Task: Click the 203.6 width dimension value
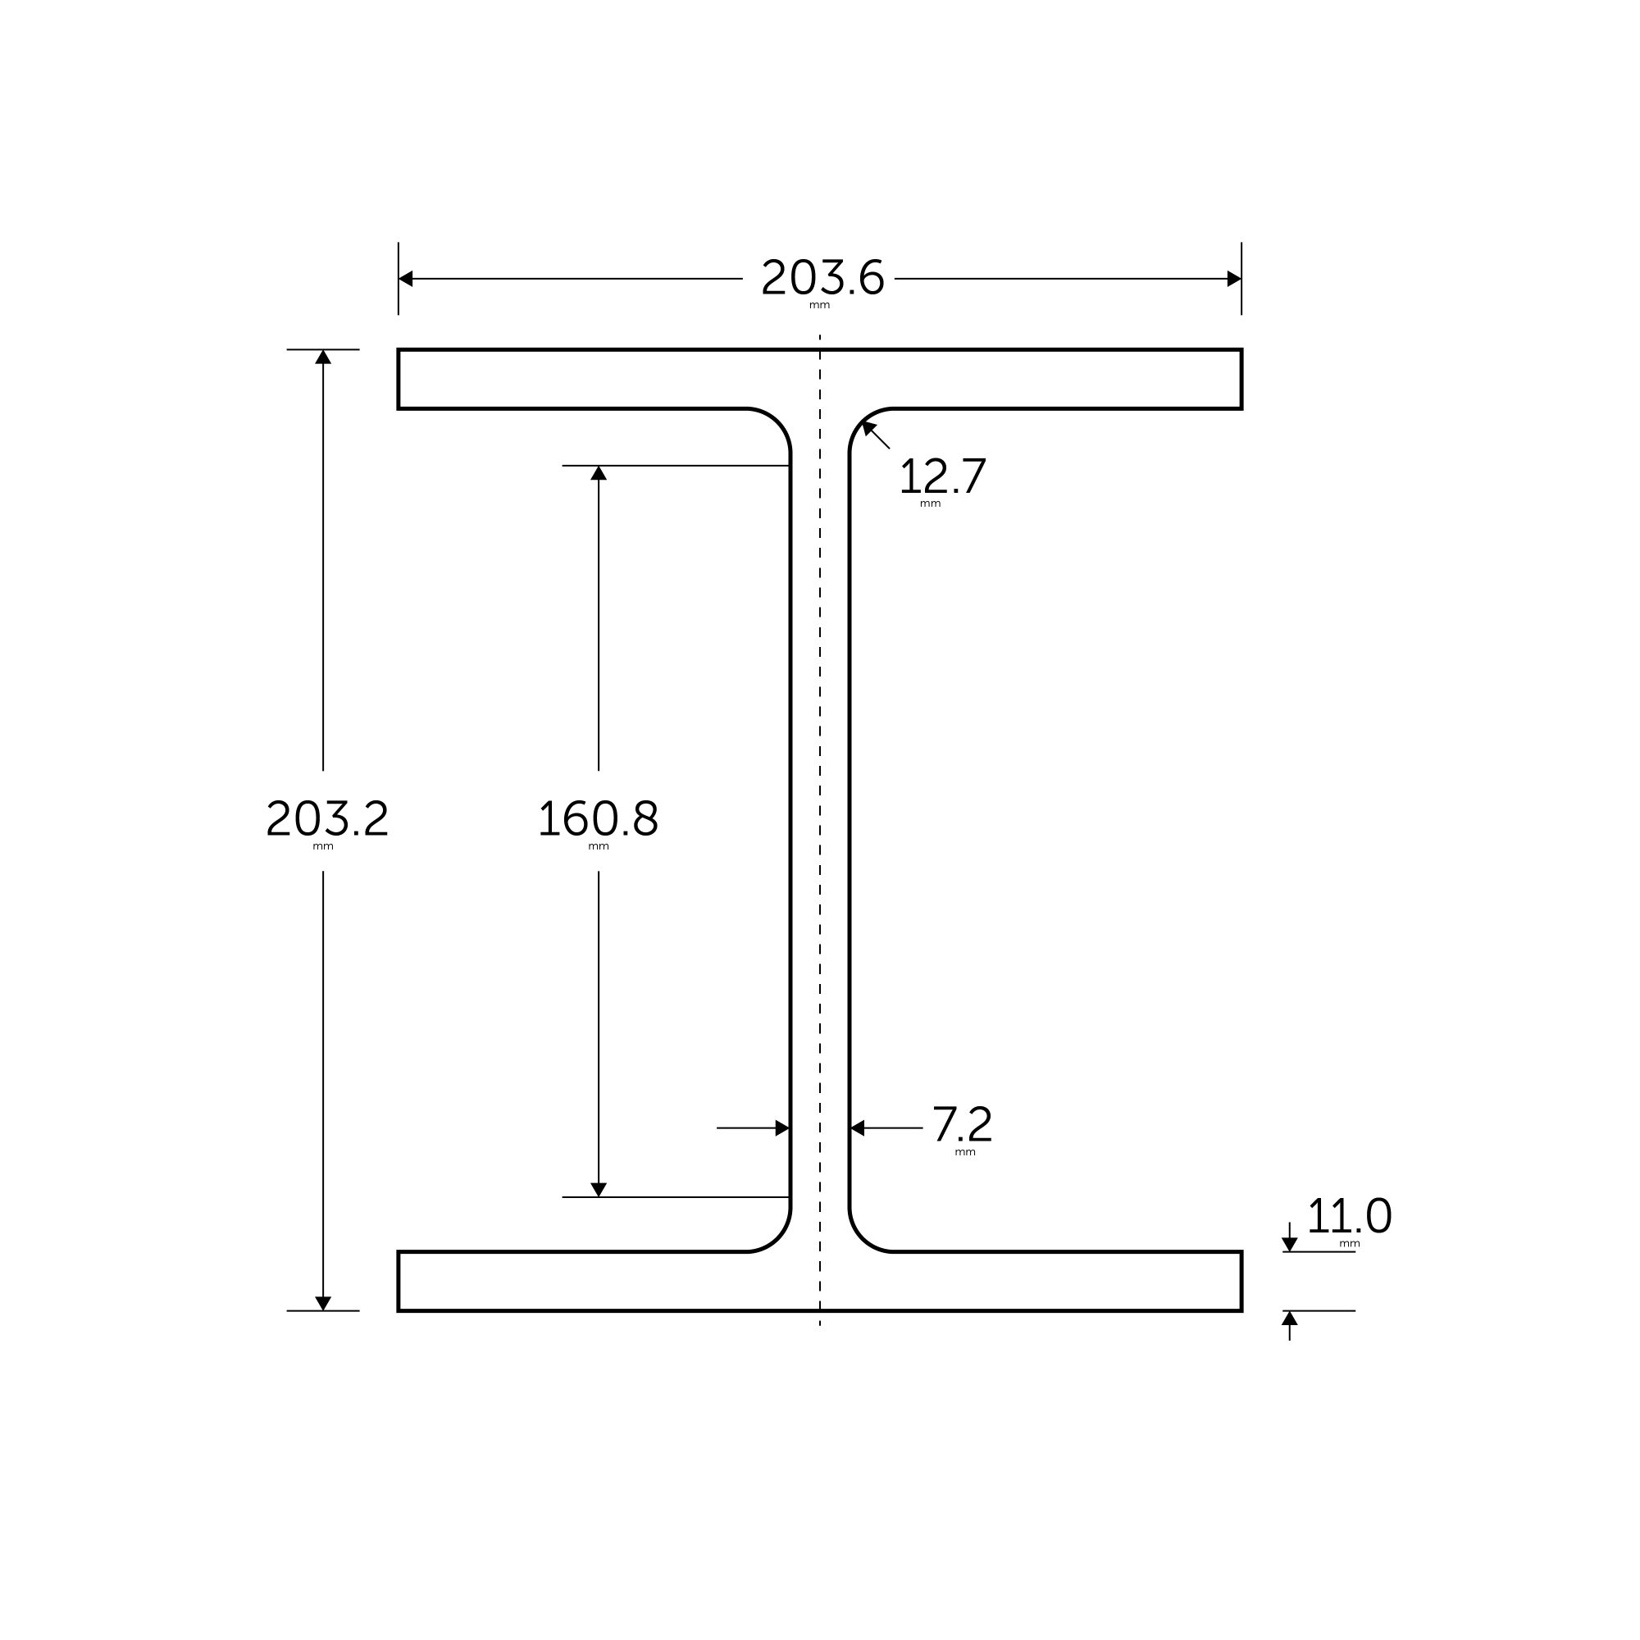[x=822, y=278]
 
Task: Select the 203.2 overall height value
[x=327, y=818]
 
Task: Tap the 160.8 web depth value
[x=598, y=818]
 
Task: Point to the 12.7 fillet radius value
[x=942, y=476]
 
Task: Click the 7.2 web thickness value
[x=962, y=1125]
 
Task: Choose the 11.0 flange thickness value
[x=1348, y=1216]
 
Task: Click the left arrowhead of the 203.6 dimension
[x=406, y=279]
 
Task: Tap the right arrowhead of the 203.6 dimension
[x=1233, y=279]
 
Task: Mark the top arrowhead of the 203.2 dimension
[x=322, y=358]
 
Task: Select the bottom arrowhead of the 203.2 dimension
[x=322, y=1303]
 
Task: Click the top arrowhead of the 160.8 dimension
[x=599, y=473]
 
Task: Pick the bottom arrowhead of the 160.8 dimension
[x=599, y=1189]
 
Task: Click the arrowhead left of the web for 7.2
[x=781, y=1128]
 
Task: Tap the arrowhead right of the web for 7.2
[x=858, y=1128]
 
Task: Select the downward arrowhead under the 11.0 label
[x=1289, y=1245]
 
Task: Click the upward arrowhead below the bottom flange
[x=1289, y=1319]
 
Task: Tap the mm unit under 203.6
[x=819, y=306]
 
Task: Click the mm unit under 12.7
[x=930, y=504]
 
